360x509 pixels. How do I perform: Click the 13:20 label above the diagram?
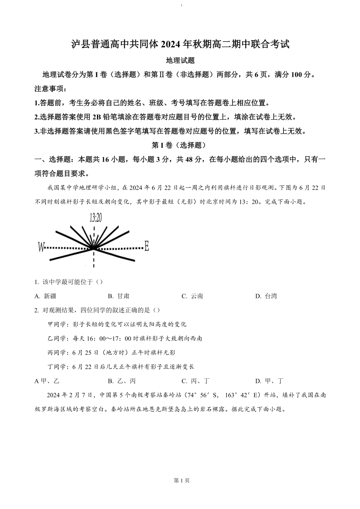click(96, 217)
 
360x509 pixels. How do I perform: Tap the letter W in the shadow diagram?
click(41, 247)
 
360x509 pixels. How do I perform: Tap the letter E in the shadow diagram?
click(147, 247)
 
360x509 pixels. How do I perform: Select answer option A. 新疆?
click(45, 296)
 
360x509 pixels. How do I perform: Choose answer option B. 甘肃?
click(119, 296)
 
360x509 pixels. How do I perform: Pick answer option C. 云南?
click(192, 296)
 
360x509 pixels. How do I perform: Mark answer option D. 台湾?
click(266, 296)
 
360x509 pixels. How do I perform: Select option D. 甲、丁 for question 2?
click(269, 381)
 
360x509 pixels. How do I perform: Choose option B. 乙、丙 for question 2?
click(122, 381)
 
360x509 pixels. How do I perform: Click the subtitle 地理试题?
click(180, 60)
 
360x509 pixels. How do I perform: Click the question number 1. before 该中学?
click(36, 282)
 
